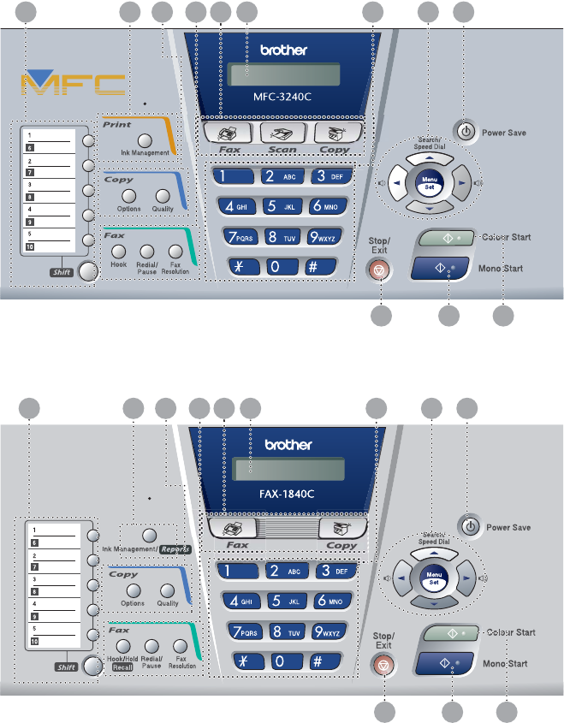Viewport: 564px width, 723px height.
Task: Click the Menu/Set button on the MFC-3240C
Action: tap(426, 181)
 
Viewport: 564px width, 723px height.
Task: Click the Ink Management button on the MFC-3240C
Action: tap(145, 139)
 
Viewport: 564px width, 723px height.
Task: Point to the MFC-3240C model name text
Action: tap(283, 97)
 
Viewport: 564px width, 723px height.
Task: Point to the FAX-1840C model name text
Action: tap(283, 493)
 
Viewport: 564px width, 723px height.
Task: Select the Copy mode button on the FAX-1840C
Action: tap(339, 528)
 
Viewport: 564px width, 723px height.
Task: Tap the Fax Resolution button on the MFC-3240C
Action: tap(175, 251)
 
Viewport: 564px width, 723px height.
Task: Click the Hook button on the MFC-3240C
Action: tap(119, 251)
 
